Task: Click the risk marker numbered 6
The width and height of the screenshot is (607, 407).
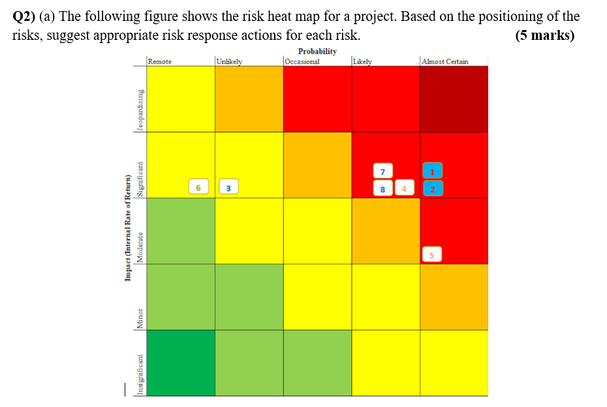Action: tap(198, 188)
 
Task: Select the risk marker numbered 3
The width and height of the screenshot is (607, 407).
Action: tap(228, 188)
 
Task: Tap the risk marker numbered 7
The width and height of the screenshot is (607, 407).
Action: tap(382, 171)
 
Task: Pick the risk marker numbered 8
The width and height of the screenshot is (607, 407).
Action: tap(382, 189)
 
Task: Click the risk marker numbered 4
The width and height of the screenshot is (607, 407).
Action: tap(404, 189)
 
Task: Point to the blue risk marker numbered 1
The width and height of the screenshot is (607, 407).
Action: tap(432, 171)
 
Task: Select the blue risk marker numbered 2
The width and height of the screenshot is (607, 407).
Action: tap(432, 189)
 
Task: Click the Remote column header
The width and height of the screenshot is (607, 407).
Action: tap(160, 61)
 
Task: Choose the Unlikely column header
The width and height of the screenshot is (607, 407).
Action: tap(230, 61)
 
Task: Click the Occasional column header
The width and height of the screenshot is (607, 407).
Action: tap(302, 61)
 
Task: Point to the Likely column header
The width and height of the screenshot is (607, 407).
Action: tap(363, 61)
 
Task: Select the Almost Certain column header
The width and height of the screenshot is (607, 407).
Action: tap(445, 61)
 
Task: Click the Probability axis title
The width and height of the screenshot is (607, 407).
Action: tap(317, 51)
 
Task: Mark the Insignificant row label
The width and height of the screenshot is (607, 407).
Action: tap(139, 374)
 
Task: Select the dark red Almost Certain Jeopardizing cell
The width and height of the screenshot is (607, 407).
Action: tap(454, 99)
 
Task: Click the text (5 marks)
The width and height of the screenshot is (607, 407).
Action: tap(544, 35)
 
